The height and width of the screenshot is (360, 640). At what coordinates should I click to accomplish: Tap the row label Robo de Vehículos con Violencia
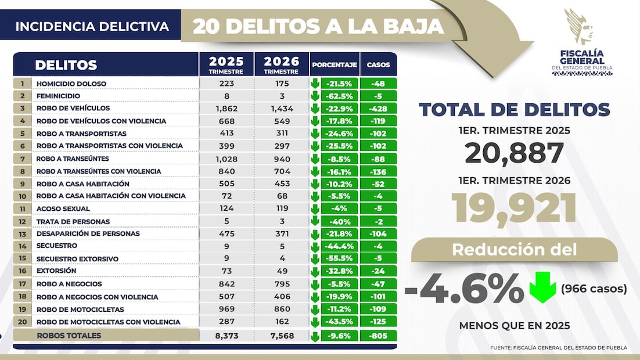(101, 121)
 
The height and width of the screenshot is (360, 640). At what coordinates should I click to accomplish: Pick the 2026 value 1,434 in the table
(282, 109)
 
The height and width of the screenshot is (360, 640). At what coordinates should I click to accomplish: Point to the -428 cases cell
(378, 109)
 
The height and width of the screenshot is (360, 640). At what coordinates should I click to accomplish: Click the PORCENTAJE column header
(334, 65)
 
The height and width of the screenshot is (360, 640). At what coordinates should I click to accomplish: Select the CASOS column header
(378, 65)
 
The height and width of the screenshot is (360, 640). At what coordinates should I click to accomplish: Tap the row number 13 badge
(22, 234)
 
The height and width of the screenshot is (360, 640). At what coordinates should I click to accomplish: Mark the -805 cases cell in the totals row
(378, 336)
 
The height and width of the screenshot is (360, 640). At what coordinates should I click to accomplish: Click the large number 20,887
(514, 153)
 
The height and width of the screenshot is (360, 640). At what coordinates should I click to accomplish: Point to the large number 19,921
(514, 209)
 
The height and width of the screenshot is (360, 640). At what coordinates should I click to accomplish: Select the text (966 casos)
(594, 289)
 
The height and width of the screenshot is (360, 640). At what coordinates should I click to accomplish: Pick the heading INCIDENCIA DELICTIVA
(92, 27)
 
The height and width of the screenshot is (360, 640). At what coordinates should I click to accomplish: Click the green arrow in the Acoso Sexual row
(315, 208)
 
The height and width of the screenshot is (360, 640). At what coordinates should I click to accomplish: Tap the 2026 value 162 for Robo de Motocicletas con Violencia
(282, 322)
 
